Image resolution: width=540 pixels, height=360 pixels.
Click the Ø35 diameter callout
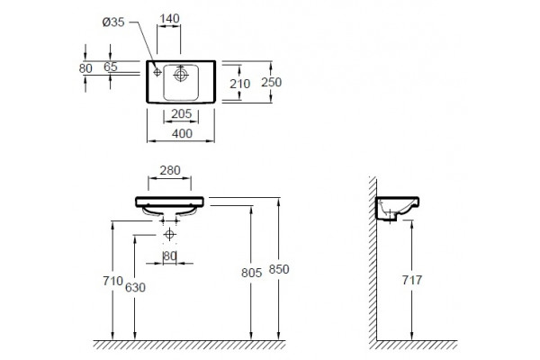pyautogui.click(x=113, y=22)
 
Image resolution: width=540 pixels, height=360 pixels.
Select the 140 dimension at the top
pyautogui.click(x=169, y=18)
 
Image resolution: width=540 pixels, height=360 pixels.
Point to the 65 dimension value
pyautogui.click(x=111, y=67)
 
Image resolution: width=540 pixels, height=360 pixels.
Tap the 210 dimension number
pyautogui.click(x=239, y=84)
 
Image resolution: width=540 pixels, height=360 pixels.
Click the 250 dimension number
pyautogui.click(x=272, y=82)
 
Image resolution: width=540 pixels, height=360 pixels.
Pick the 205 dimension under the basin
pyautogui.click(x=181, y=113)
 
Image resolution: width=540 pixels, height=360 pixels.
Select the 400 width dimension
pyautogui.click(x=182, y=134)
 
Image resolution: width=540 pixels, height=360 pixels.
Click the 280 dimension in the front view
pyautogui.click(x=170, y=170)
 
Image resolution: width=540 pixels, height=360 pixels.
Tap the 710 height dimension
pyautogui.click(x=113, y=281)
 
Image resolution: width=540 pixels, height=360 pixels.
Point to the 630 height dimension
pyautogui.click(x=135, y=287)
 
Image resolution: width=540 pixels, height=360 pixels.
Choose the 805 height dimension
pyautogui.click(x=252, y=273)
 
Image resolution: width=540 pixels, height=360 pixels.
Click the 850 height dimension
pyautogui.click(x=279, y=269)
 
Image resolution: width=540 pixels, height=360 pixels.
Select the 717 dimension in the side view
pyautogui.click(x=412, y=280)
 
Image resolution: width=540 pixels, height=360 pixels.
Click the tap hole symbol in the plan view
pyautogui.click(x=157, y=72)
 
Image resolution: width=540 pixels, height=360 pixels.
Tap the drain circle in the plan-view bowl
pyautogui.click(x=181, y=75)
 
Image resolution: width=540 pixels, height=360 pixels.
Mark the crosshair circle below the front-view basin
pyautogui.click(x=169, y=235)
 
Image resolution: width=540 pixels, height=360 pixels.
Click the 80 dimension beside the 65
pyautogui.click(x=85, y=68)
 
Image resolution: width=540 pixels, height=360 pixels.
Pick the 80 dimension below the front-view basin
pyautogui.click(x=170, y=256)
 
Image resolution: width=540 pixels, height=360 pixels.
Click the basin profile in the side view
pyautogui.click(x=397, y=208)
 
